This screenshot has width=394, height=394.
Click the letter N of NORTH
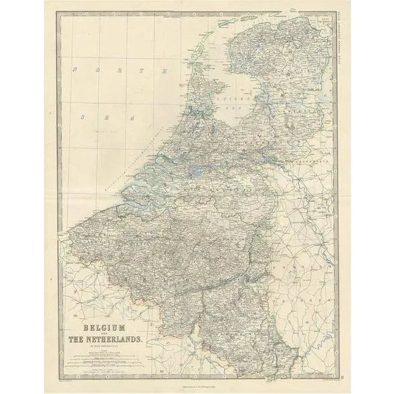click(x=76, y=69)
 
